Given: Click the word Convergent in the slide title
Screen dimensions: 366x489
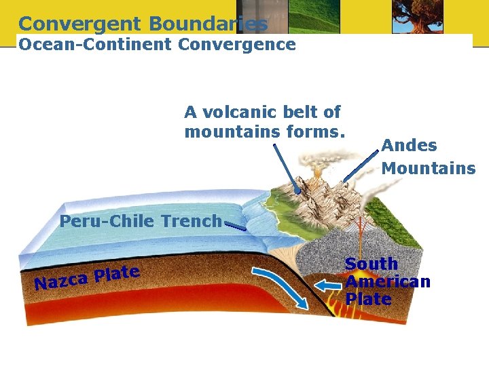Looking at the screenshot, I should coord(80,24).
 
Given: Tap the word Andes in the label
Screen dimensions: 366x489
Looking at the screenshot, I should coord(409,145).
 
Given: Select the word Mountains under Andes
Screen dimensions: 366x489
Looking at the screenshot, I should coord(428,168).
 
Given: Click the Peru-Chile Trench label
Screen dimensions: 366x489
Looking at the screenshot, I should coord(140,221).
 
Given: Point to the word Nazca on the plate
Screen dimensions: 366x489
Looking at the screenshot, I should coord(62,280).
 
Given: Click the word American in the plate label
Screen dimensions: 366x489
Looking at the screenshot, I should coord(388,281).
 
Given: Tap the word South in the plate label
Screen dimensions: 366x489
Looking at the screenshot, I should coord(372,264).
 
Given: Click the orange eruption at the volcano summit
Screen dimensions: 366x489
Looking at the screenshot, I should coord(317,174).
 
